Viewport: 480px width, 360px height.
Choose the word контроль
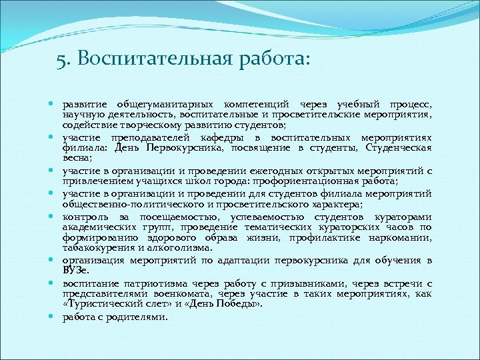[85, 217]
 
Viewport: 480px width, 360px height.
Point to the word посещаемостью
[177, 217]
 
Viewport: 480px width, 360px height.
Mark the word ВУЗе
[75, 270]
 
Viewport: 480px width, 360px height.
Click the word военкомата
[185, 295]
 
